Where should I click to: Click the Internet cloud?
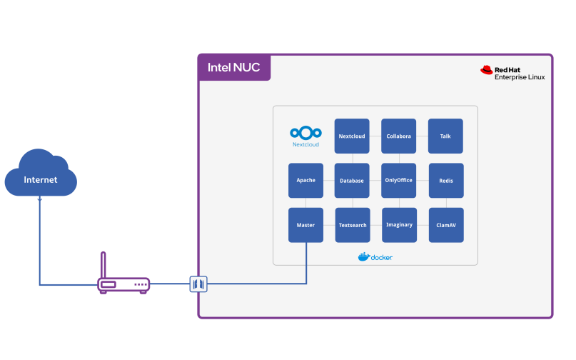tap(41, 175)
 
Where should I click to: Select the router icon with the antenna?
tap(123, 284)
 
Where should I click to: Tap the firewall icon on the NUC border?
tap(198, 284)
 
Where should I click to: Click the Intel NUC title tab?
tap(234, 68)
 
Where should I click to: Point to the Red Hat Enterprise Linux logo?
tap(512, 72)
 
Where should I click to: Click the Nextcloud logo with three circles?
tap(305, 133)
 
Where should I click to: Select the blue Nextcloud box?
tap(352, 136)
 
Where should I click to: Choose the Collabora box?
tap(398, 136)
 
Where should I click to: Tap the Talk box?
tap(445, 136)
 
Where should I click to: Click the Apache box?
tap(305, 180)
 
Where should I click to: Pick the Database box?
tap(352, 180)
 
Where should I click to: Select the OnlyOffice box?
tap(398, 180)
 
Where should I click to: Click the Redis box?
tap(445, 180)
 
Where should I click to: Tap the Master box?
tap(305, 225)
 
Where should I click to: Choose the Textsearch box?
tap(352, 225)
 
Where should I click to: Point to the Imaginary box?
tap(398, 225)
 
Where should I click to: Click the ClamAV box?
tap(445, 225)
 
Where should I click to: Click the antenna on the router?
tap(103, 264)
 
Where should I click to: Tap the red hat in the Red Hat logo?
tap(487, 70)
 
